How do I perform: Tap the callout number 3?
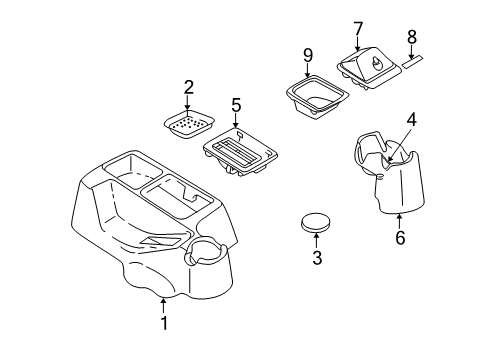(317, 260)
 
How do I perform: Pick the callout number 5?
(237, 103)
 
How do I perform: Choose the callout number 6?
(400, 239)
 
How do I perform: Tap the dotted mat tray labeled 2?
(188, 126)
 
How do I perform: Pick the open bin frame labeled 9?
(314, 100)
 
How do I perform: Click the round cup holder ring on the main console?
(206, 251)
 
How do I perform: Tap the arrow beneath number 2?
(188, 108)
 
